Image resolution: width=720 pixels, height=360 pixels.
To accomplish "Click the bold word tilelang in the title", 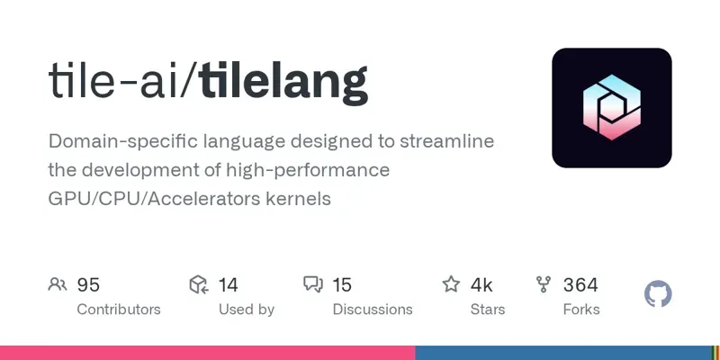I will point(283,83).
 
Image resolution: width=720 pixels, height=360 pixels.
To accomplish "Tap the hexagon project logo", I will point(612,108).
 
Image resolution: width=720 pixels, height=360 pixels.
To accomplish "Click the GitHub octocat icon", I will point(659,294).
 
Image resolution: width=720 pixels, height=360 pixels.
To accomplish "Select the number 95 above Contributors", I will point(88,285).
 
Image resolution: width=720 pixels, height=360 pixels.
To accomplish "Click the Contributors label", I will point(119,310).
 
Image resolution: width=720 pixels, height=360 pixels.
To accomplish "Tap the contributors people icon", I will point(58,285).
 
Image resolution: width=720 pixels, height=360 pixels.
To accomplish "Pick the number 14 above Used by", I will point(228,285).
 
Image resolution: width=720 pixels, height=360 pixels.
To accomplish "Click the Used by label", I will point(247,310).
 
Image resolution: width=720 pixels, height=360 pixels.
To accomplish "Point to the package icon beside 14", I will point(199,285).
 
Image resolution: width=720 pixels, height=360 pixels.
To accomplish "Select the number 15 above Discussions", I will point(342,285).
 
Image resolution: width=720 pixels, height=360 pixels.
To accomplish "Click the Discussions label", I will point(373,310).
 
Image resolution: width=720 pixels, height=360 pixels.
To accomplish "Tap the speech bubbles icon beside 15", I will point(313,285).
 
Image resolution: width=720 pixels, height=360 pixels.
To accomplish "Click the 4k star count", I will point(481,285).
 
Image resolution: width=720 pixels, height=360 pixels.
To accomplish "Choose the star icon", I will point(451,285).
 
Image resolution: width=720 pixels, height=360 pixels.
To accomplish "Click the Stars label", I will point(487,310).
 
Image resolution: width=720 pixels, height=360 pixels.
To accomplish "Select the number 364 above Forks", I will point(580,285).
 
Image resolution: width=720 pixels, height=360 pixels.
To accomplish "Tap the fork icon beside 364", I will point(544,285).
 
